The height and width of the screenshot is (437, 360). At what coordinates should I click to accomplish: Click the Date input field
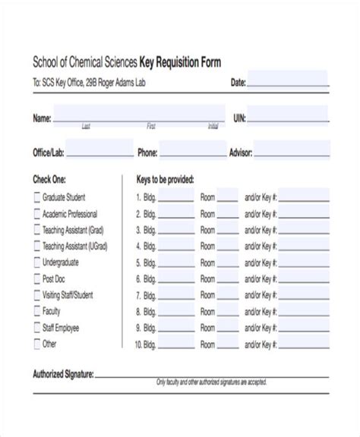[288, 80]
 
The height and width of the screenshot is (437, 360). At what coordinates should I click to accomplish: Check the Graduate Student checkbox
[37, 197]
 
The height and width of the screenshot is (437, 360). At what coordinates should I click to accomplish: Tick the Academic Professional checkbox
[37, 214]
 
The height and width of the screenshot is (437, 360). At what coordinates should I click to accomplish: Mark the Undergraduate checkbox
[37, 262]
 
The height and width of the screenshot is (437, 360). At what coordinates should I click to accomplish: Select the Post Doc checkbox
[37, 278]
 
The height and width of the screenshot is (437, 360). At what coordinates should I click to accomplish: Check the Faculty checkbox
[37, 311]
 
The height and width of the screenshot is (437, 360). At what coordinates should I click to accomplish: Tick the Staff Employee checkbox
[37, 328]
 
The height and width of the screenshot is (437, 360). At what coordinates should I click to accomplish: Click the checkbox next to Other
[37, 344]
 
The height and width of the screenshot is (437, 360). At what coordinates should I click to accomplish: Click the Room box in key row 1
[227, 196]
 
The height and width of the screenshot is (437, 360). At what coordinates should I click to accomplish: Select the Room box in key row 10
[227, 345]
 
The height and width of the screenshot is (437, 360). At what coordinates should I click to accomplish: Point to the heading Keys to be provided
[165, 180]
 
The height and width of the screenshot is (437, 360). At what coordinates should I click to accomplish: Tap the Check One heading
[49, 180]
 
